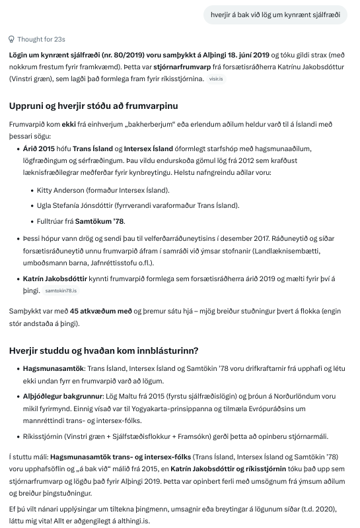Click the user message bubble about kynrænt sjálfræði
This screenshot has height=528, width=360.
pyautogui.click(x=277, y=14)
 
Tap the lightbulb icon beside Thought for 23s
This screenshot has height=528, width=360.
pyautogui.click(x=12, y=40)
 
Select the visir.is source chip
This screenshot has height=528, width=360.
pyautogui.click(x=215, y=79)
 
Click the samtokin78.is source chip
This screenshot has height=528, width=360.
pyautogui.click(x=61, y=290)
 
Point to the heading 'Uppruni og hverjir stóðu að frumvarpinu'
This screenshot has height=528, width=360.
pyautogui.click(x=93, y=106)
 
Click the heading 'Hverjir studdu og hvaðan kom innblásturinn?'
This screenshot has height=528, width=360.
pyautogui.click(x=104, y=350)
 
